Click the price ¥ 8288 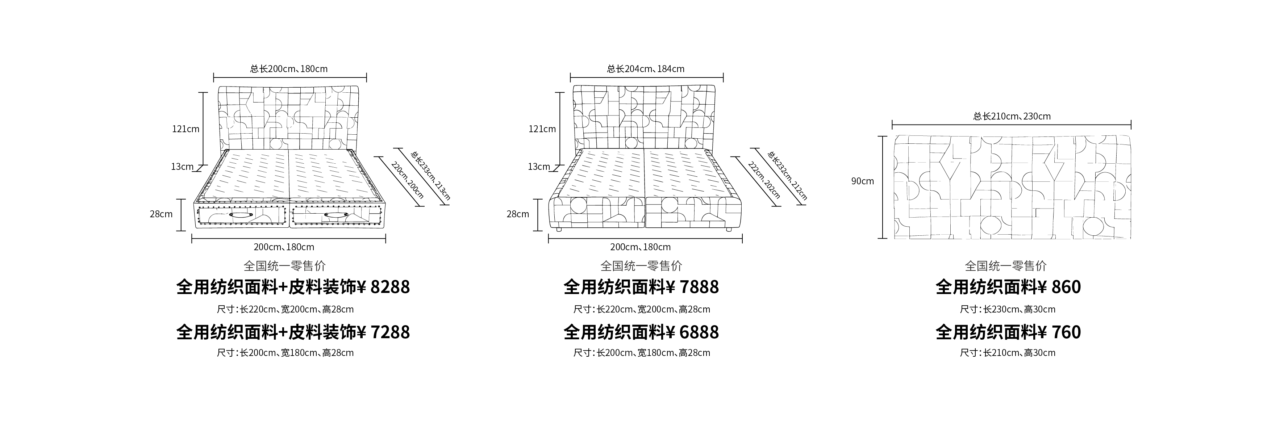[384, 287]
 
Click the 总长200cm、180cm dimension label [289, 69]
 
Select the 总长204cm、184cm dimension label [646, 69]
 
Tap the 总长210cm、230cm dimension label [1012, 116]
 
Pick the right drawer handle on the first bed [335, 215]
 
